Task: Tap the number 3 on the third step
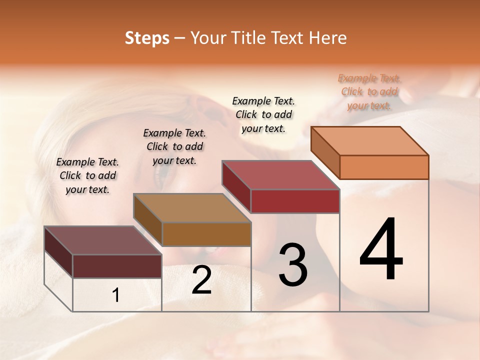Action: point(293,265)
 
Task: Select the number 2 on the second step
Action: point(202,280)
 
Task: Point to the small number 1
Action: point(116,295)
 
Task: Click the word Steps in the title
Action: point(147,38)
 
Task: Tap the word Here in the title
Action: point(328,38)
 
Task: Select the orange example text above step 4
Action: point(369,92)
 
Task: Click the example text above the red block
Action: point(263,114)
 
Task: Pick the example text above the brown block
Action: point(174,146)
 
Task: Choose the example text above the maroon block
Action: point(87,175)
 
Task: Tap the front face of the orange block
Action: point(384,167)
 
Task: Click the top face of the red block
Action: point(281,175)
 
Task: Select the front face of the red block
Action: point(295,201)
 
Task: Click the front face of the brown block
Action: point(206,234)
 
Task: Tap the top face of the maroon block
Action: point(103,240)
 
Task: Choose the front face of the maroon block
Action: point(117,266)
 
